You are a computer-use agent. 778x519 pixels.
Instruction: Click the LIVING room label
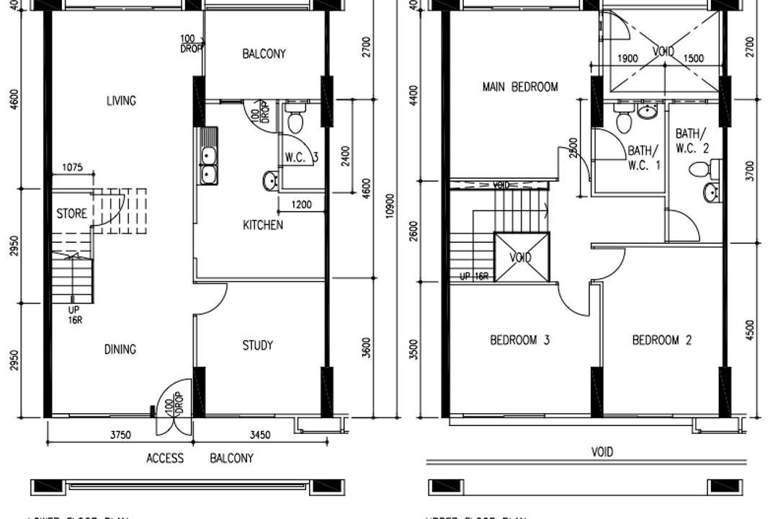click(x=121, y=101)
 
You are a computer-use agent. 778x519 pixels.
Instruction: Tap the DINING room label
click(x=120, y=350)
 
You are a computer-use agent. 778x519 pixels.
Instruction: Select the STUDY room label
click(x=257, y=346)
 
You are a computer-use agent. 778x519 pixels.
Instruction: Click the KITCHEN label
click(x=262, y=225)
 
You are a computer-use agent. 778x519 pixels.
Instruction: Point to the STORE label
click(x=71, y=213)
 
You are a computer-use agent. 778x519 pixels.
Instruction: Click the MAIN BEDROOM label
click(x=519, y=87)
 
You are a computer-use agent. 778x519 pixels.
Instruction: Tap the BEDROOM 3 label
click(x=519, y=340)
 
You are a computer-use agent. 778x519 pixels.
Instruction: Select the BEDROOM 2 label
click(x=661, y=340)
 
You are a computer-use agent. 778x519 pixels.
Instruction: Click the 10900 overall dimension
click(x=390, y=207)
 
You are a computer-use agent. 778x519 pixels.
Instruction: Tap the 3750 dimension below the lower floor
click(x=120, y=435)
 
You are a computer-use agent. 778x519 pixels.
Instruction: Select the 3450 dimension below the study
click(x=259, y=435)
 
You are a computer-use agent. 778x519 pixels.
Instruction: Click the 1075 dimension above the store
click(x=72, y=167)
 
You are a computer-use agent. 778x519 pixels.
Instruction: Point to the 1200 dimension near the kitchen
click(x=303, y=205)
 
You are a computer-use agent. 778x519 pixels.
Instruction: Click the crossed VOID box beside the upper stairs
click(x=520, y=257)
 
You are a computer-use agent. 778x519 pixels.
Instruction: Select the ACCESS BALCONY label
click(x=200, y=458)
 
